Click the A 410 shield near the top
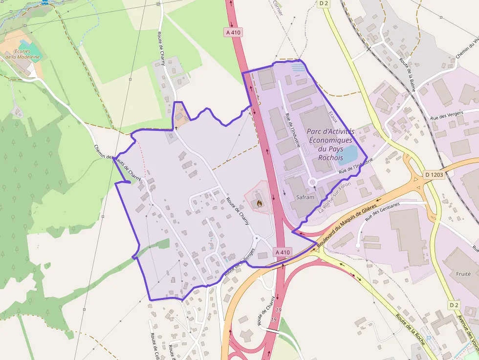pyautogui.click(x=233, y=32)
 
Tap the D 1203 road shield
pyautogui.click(x=434, y=174)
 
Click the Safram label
pyautogui.click(x=305, y=197)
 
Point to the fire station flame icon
pyautogui.click(x=258, y=200)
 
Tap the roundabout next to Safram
pyautogui.click(x=312, y=182)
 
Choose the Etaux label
pyautogui.click(x=333, y=118)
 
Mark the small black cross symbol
pyautogui.click(x=175, y=127)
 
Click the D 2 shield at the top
pyautogui.click(x=323, y=3)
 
